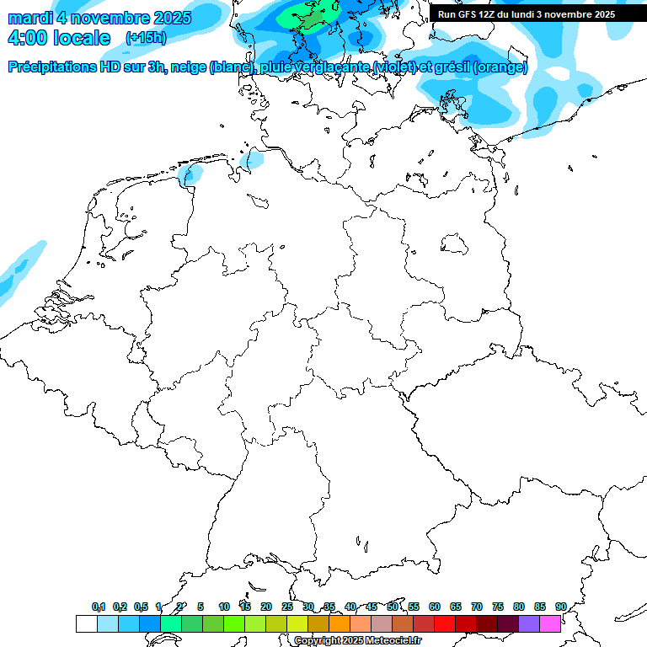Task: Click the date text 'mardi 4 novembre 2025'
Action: pos(99,18)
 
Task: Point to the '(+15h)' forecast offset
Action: pos(146,38)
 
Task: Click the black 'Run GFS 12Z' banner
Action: pos(527,14)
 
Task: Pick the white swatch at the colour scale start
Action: pos(86,624)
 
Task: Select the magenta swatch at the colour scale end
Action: pos(550,624)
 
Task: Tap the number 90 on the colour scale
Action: pos(560,607)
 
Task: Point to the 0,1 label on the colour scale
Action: pos(99,607)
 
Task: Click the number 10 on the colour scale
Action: pos(224,607)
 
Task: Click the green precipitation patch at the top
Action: pos(314,14)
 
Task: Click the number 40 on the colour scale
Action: pos(350,607)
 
